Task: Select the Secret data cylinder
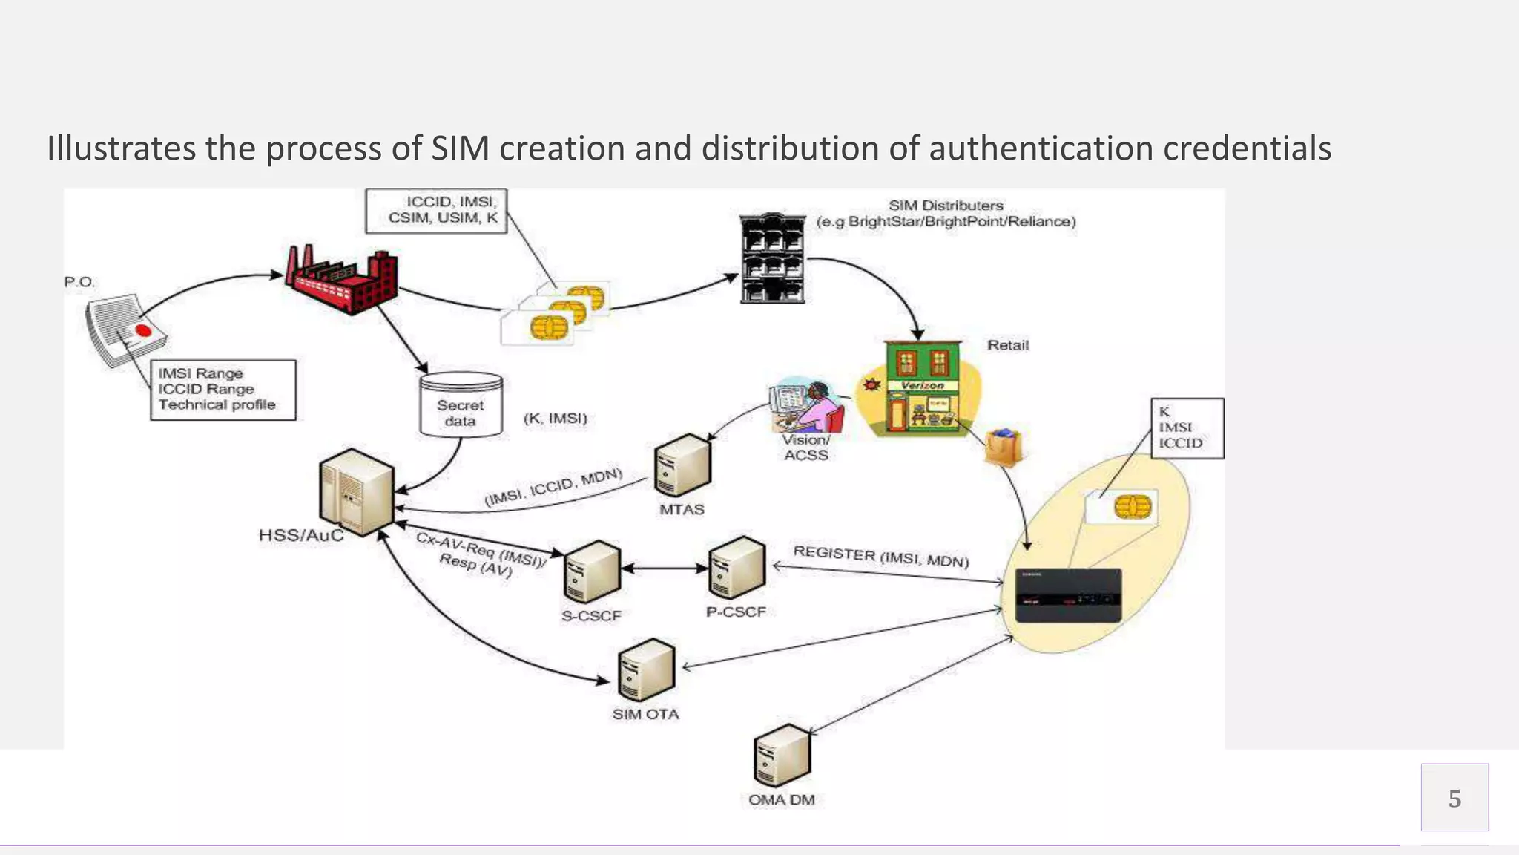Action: click(461, 404)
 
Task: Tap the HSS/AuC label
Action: click(301, 536)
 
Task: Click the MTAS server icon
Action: click(682, 465)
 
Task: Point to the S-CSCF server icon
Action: click(591, 571)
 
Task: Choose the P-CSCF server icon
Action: click(736, 568)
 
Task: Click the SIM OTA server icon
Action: click(646, 669)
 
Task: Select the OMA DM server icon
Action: click(782, 756)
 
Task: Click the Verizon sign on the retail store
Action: click(922, 385)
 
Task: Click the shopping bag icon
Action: click(1003, 448)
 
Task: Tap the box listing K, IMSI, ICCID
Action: click(1187, 428)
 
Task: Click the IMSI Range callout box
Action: click(223, 390)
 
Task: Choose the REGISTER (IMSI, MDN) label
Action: click(881, 557)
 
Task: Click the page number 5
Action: click(1454, 798)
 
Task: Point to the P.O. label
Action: click(79, 282)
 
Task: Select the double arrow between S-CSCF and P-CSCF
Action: click(665, 569)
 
